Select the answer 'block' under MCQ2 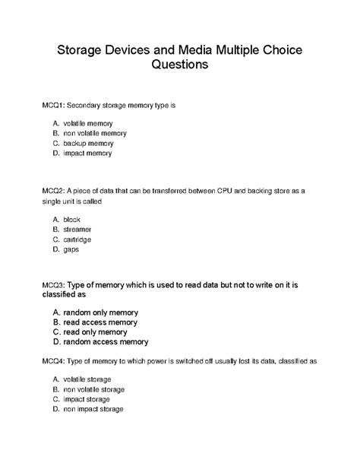71,219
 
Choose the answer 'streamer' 77,229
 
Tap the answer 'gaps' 71,249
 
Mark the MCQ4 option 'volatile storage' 92,379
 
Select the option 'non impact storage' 98,408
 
